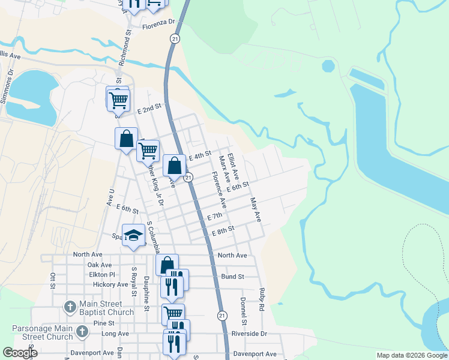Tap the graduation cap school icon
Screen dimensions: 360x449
[x=134, y=235]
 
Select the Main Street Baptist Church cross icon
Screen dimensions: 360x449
[x=70, y=308]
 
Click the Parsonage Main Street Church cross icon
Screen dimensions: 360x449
[x=82, y=331]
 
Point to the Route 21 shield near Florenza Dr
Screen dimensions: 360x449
[x=174, y=38]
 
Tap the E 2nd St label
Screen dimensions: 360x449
[x=149, y=109]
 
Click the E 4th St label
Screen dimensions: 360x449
[x=200, y=155]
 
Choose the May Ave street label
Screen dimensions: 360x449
[x=256, y=209]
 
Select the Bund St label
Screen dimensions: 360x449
[x=232, y=277]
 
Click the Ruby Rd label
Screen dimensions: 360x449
[x=262, y=299]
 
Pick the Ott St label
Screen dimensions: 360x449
[x=53, y=281]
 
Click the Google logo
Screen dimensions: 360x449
[x=20, y=353]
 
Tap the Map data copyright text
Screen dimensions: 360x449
[x=412, y=355]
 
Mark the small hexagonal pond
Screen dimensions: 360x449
[x=328, y=65]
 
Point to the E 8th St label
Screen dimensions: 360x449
[x=222, y=229]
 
